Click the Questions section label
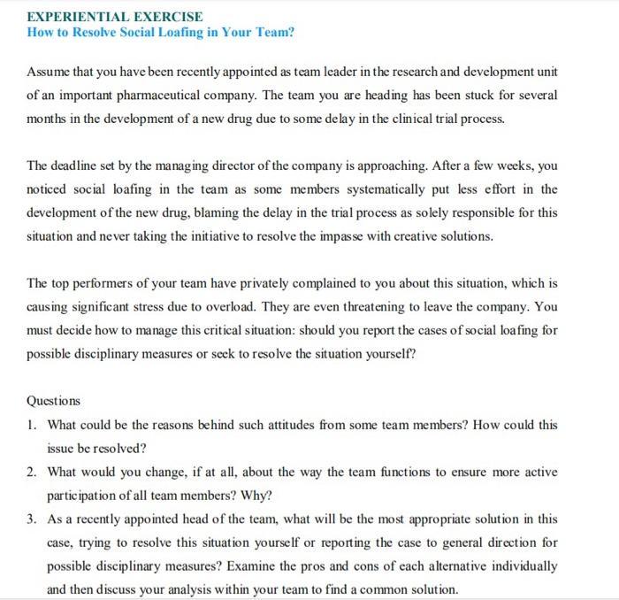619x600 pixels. (x=53, y=401)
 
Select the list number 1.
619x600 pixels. (x=32, y=425)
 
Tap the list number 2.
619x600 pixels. (x=32, y=472)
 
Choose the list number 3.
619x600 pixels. (x=32, y=519)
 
